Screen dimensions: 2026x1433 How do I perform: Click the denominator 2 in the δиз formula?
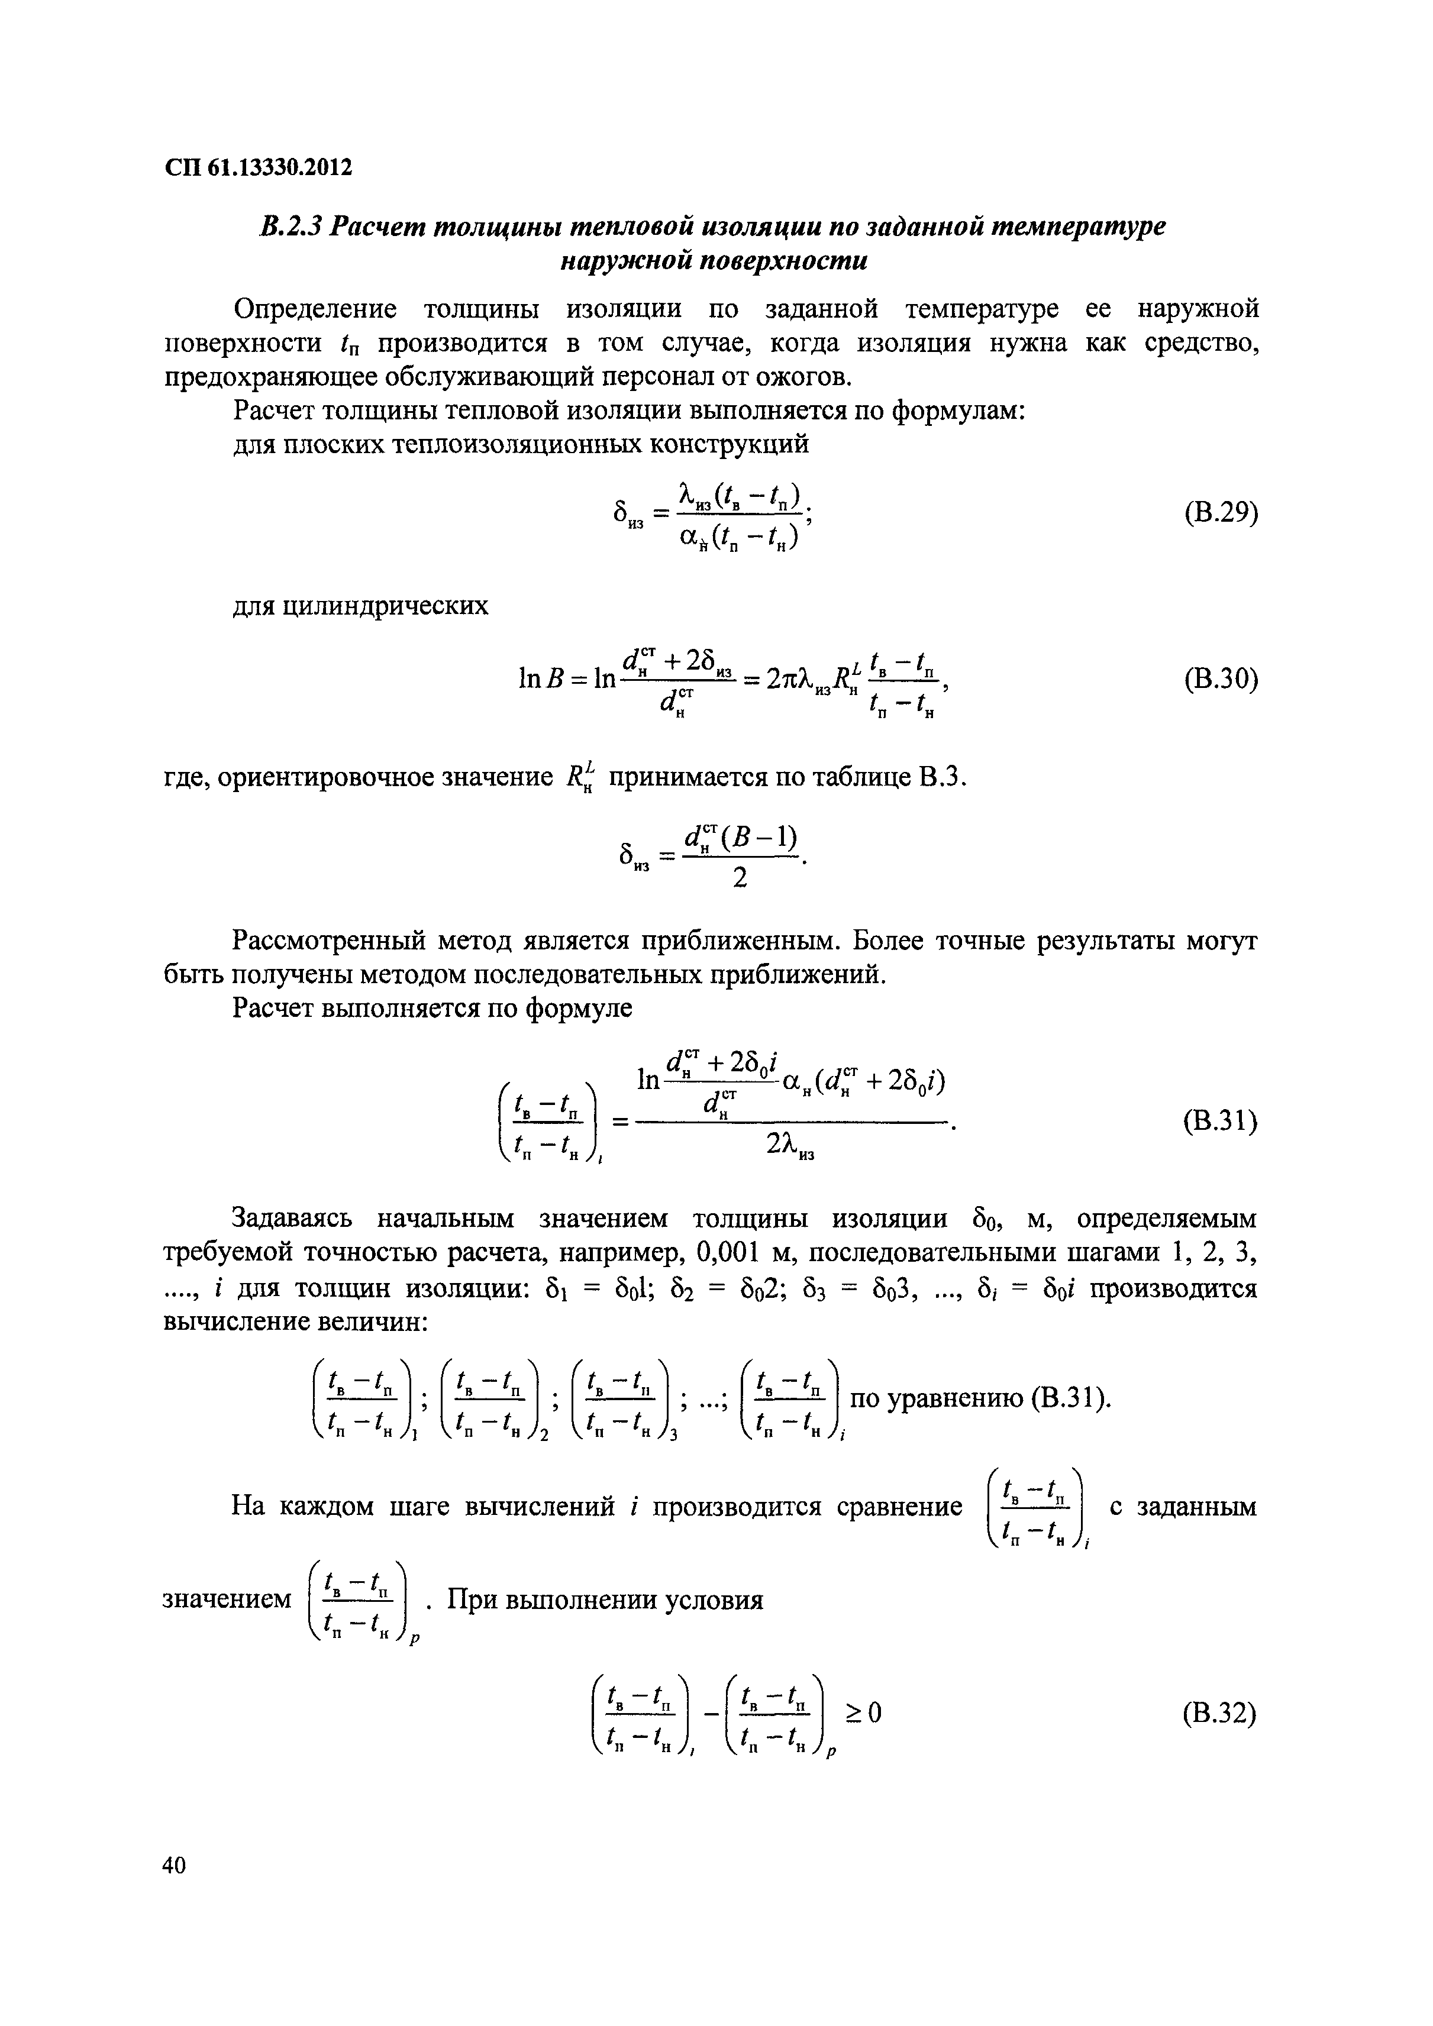740,878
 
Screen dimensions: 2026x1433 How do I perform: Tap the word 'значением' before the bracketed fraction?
228,1599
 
